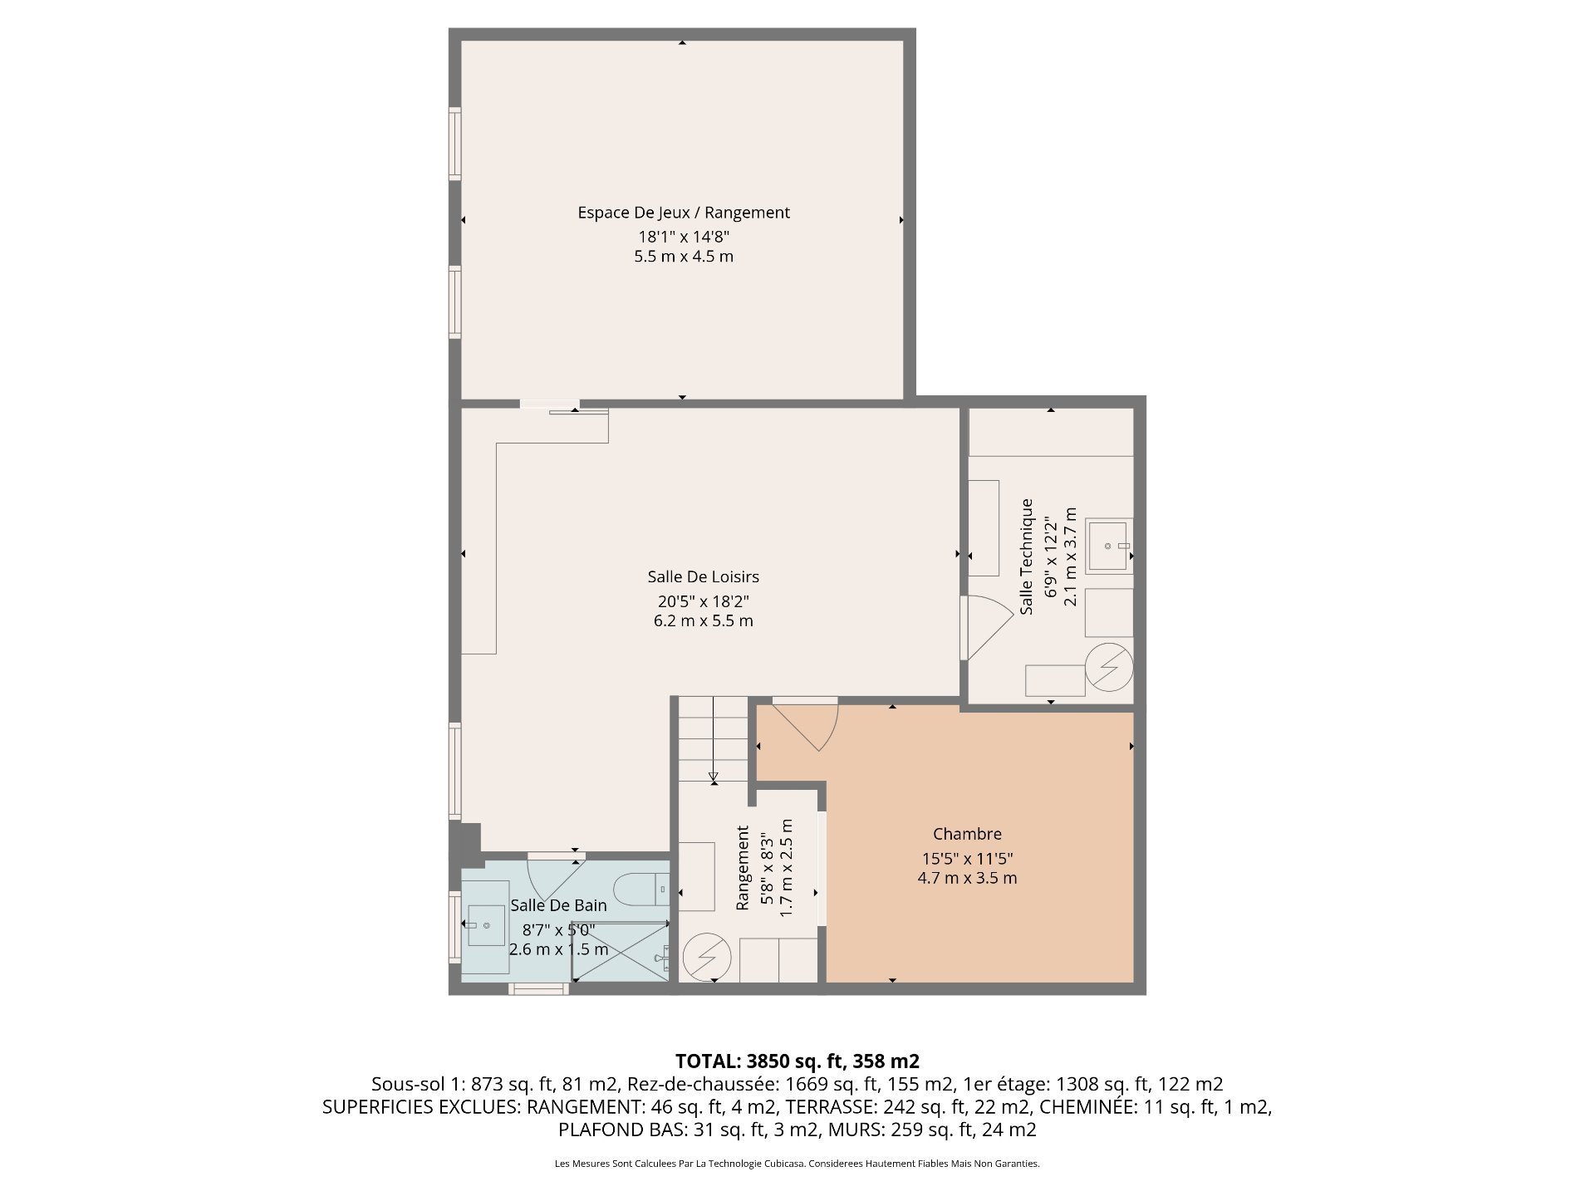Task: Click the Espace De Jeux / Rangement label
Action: click(x=684, y=213)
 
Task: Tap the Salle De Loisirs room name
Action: click(x=703, y=576)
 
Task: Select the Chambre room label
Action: click(x=967, y=834)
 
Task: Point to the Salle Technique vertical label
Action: click(x=1027, y=556)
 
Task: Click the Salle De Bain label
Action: click(x=558, y=905)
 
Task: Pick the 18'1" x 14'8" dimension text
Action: click(x=684, y=236)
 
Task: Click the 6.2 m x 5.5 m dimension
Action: click(x=703, y=620)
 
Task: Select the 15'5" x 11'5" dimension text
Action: click(x=967, y=859)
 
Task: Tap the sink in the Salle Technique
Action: click(x=1108, y=546)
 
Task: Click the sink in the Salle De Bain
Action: click(x=485, y=925)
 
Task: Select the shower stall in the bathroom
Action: click(x=620, y=951)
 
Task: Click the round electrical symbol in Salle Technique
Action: click(x=1109, y=666)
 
